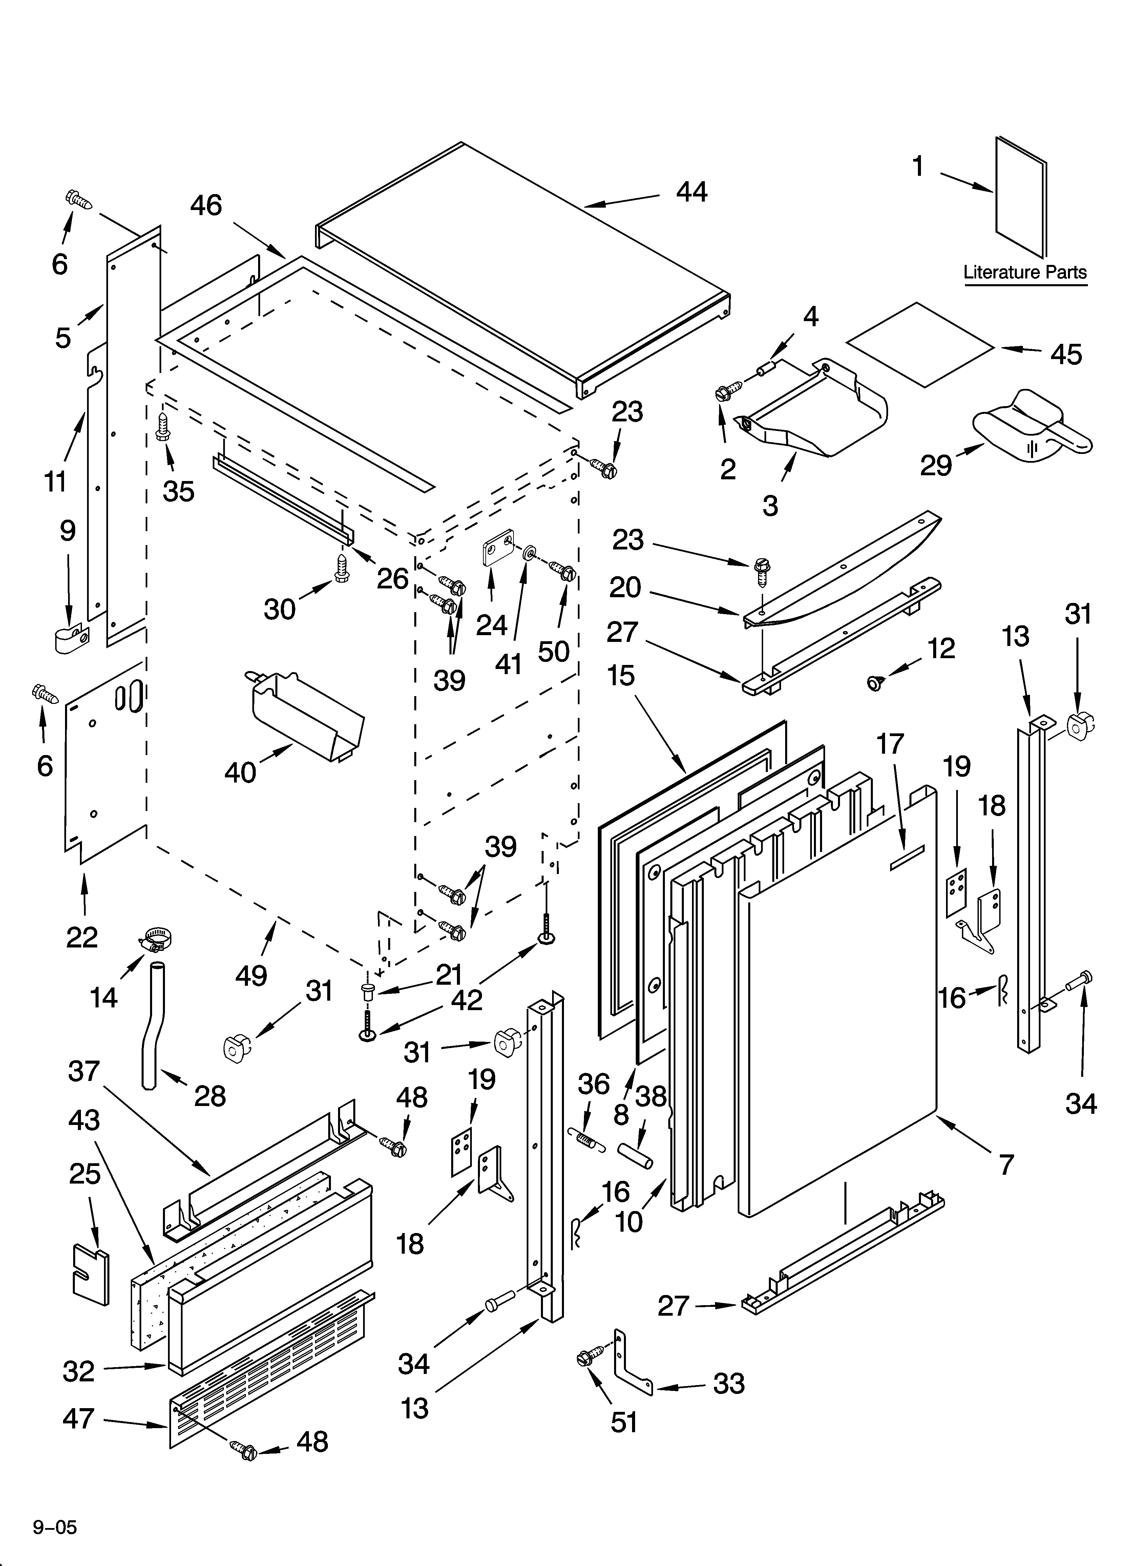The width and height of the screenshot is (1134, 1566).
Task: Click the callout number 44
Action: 691,192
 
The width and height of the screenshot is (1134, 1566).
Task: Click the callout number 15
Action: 621,675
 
